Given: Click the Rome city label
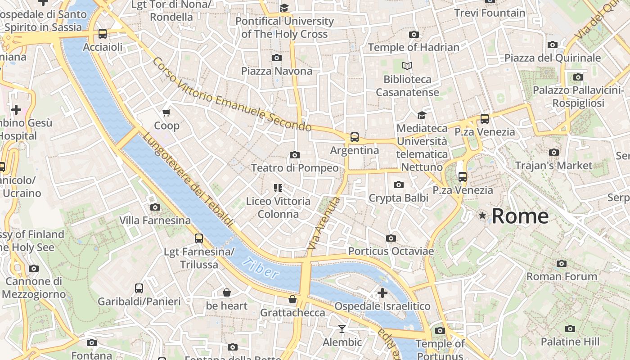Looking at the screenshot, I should [x=520, y=216].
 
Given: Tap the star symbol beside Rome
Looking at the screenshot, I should [x=482, y=216].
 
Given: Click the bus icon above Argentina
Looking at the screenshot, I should [x=355, y=137].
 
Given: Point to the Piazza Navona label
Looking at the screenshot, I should [x=276, y=71].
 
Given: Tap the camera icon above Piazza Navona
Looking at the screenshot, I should [x=277, y=58].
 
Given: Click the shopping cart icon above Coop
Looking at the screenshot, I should [x=166, y=112].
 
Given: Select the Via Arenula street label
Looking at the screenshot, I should [x=323, y=224].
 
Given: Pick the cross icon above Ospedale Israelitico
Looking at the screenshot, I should [x=382, y=293].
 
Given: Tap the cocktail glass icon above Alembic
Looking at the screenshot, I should [x=342, y=329].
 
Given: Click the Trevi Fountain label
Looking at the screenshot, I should [x=490, y=13].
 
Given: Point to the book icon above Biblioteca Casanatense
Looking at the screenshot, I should [x=407, y=66].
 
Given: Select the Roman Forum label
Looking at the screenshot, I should [x=562, y=276].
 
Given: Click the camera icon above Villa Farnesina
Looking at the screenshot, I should [x=155, y=207].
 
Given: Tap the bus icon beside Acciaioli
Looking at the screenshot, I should [x=103, y=34].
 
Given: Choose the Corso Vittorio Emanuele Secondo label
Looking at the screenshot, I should [x=232, y=95].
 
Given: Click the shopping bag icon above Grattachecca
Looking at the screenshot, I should [x=292, y=299].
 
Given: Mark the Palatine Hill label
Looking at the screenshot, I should [x=570, y=342].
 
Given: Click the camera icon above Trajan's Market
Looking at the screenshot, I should [x=554, y=152].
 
